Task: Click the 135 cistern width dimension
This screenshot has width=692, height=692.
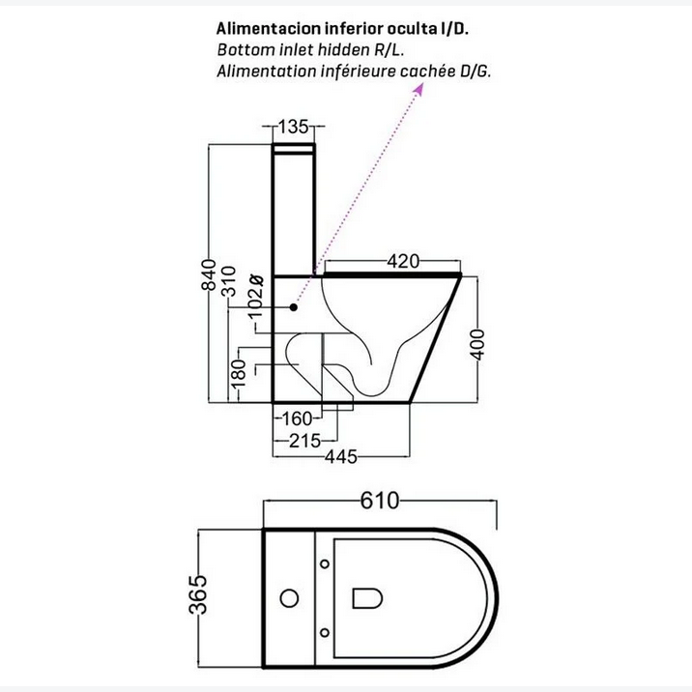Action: click(293, 127)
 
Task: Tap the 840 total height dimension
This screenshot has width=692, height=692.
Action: click(209, 274)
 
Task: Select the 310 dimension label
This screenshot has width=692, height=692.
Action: click(229, 281)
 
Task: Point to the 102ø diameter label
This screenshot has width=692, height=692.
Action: click(255, 296)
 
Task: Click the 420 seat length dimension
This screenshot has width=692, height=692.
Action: click(403, 261)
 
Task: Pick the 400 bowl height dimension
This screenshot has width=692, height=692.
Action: click(478, 345)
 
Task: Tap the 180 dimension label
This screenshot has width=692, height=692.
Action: click(239, 373)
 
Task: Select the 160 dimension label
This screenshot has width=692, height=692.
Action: click(296, 418)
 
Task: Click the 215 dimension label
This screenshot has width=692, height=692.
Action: click(304, 441)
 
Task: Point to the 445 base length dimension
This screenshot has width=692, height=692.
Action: click(341, 457)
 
